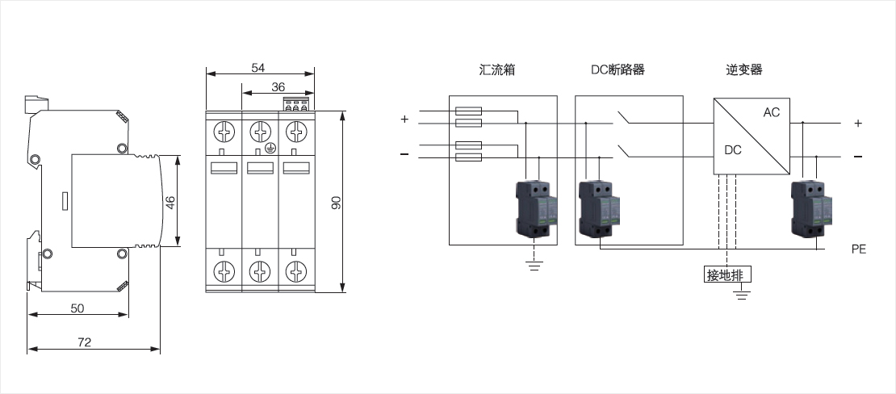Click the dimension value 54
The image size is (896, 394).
258,68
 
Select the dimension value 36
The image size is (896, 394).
278,87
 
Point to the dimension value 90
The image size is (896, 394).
337,202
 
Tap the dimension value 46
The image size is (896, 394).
170,202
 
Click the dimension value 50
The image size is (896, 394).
77,308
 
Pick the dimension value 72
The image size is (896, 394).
84,342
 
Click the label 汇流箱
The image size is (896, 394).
497,69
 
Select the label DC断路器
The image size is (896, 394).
618,69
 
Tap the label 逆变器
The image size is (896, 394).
744,69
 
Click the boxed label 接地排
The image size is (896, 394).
727,275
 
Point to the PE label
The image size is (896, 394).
858,249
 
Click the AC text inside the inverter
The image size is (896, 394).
772,113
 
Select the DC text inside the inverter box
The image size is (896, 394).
733,150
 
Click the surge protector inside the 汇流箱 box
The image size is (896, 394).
536,209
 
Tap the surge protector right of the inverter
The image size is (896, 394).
811,209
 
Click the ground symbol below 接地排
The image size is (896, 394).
743,295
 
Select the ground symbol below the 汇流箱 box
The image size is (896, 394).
534,265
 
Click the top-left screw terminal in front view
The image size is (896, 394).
224,132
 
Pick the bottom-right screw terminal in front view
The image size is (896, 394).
296,271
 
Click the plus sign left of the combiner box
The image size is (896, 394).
404,119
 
